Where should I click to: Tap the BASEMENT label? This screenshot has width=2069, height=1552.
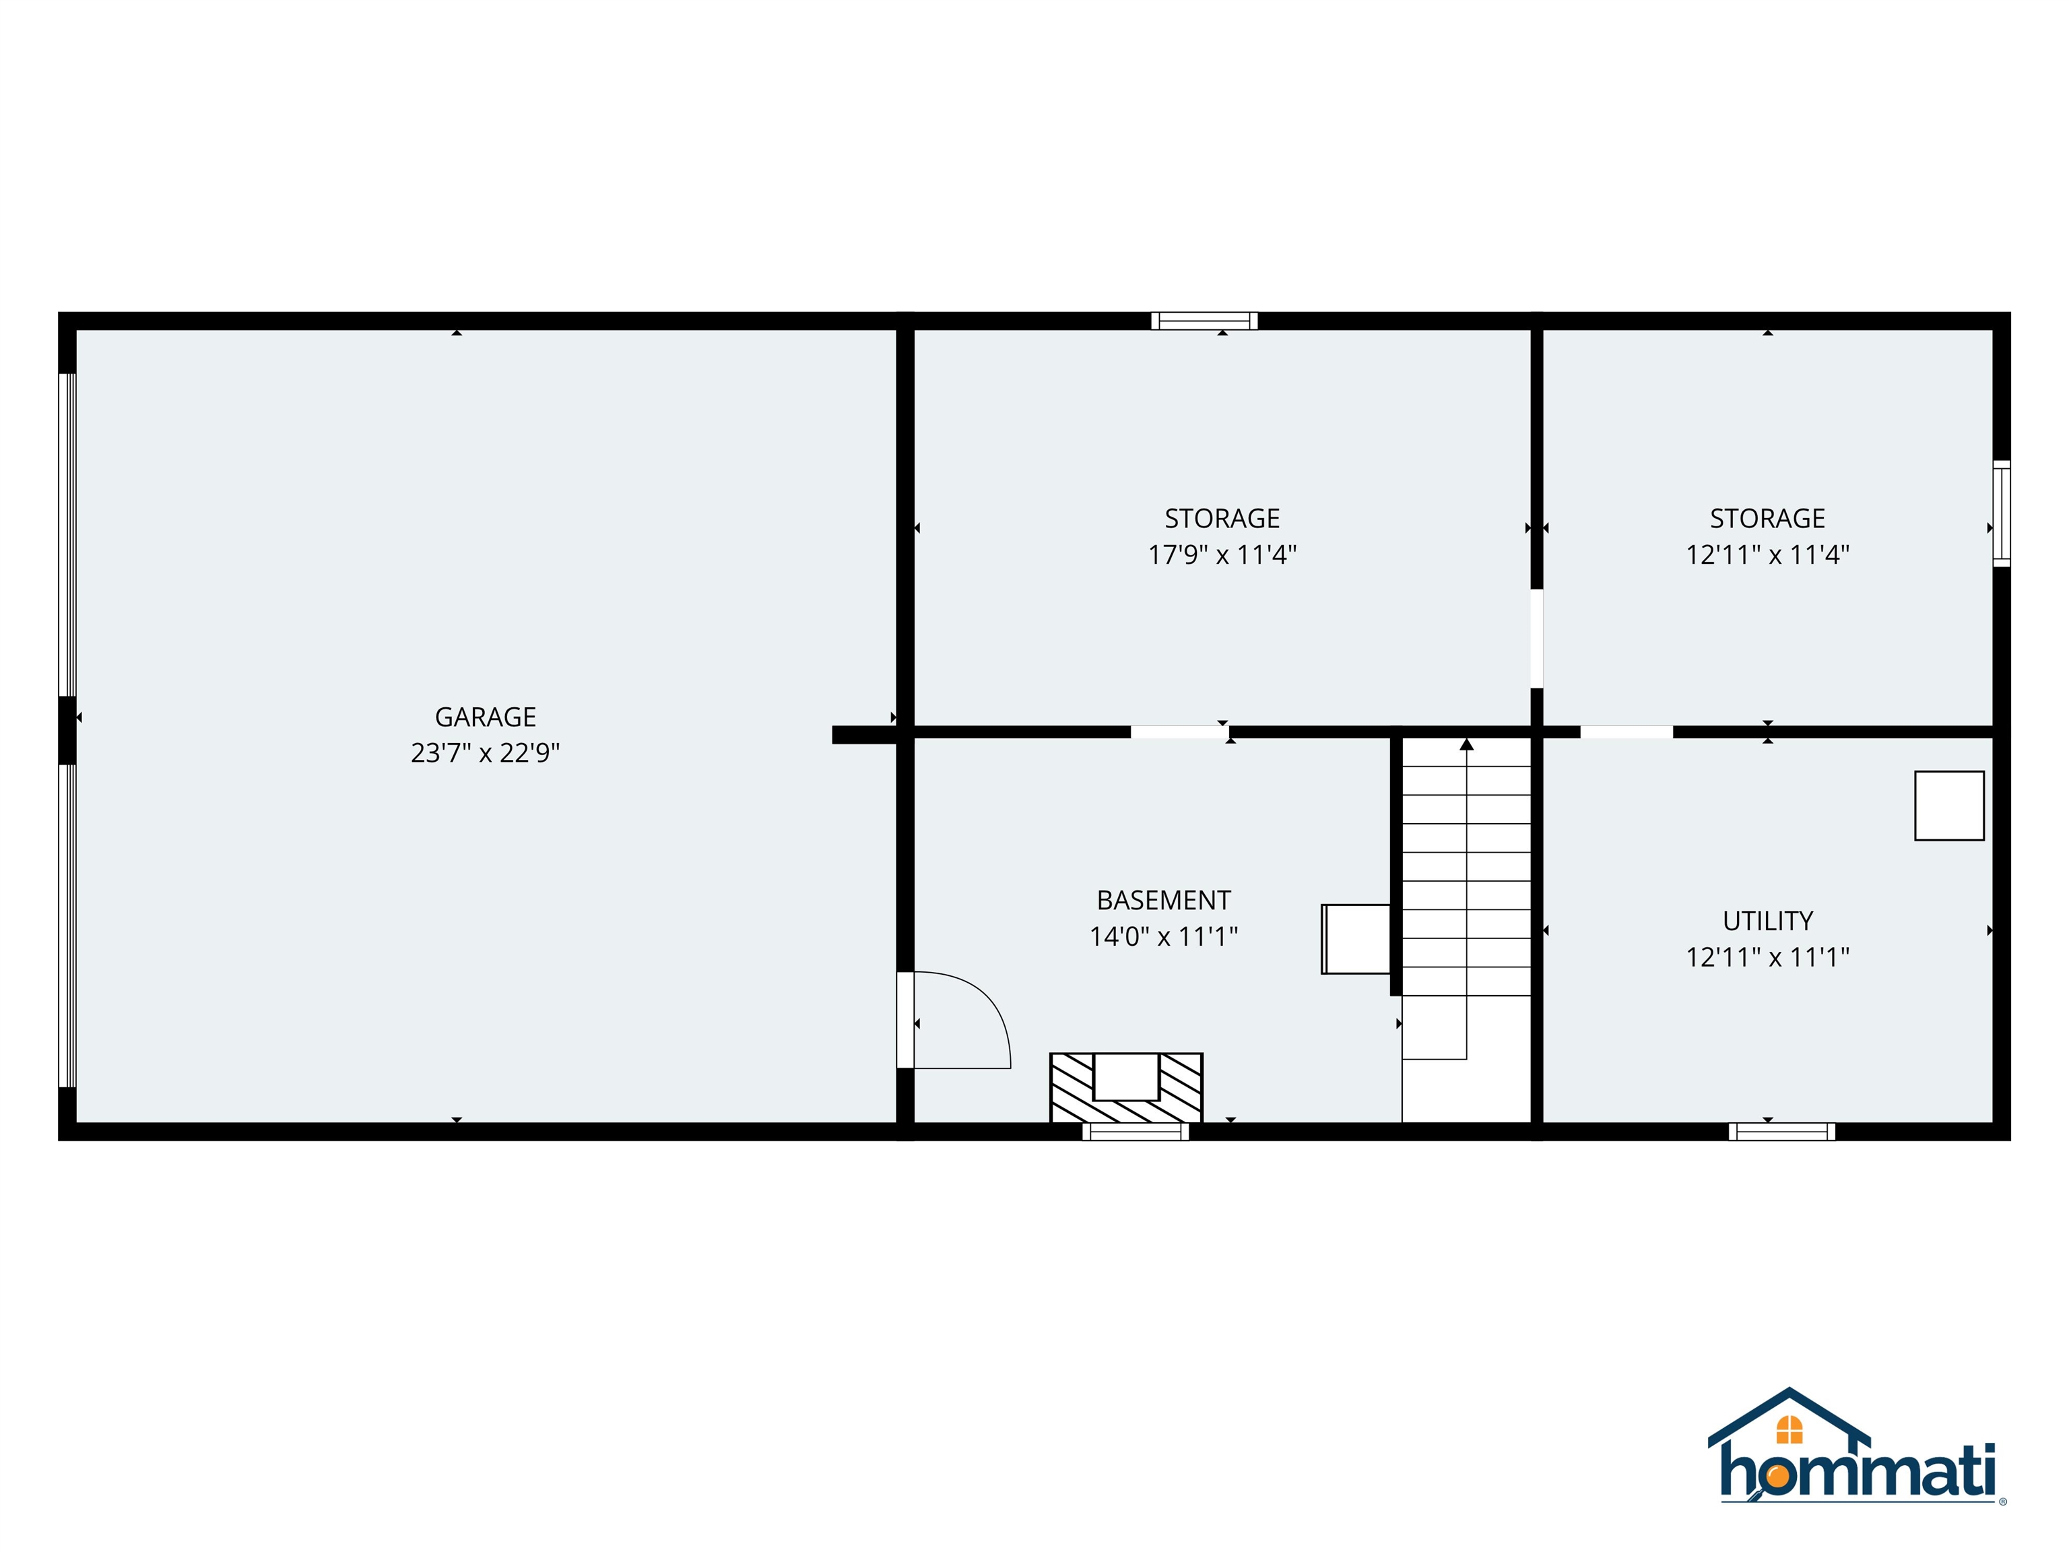(1164, 900)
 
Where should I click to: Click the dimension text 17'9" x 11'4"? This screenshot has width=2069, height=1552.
(1222, 555)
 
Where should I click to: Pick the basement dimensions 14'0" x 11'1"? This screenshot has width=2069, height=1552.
(1164, 936)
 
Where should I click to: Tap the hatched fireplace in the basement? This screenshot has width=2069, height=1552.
(1126, 1088)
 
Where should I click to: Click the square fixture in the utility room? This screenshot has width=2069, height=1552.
(1949, 806)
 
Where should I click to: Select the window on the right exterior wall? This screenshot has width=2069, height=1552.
(2001, 513)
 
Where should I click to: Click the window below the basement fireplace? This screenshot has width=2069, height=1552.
(1136, 1132)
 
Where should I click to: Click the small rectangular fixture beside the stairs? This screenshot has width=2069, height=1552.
(1355, 939)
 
